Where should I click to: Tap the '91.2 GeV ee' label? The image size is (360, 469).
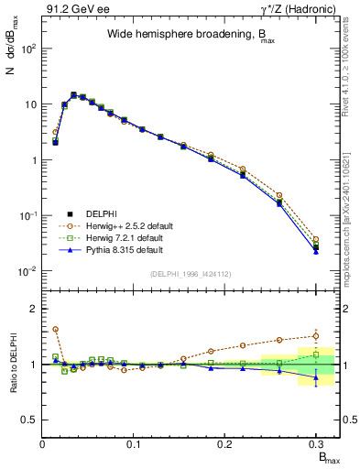coord(71,9)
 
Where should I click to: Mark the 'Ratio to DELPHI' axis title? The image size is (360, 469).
coord(12,364)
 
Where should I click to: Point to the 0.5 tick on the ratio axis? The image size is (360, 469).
coord(31,420)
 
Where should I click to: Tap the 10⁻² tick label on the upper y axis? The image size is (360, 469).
coord(27,271)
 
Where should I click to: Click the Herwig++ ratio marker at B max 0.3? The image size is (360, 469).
coord(315,335)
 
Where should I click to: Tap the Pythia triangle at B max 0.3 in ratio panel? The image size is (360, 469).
coord(315,377)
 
